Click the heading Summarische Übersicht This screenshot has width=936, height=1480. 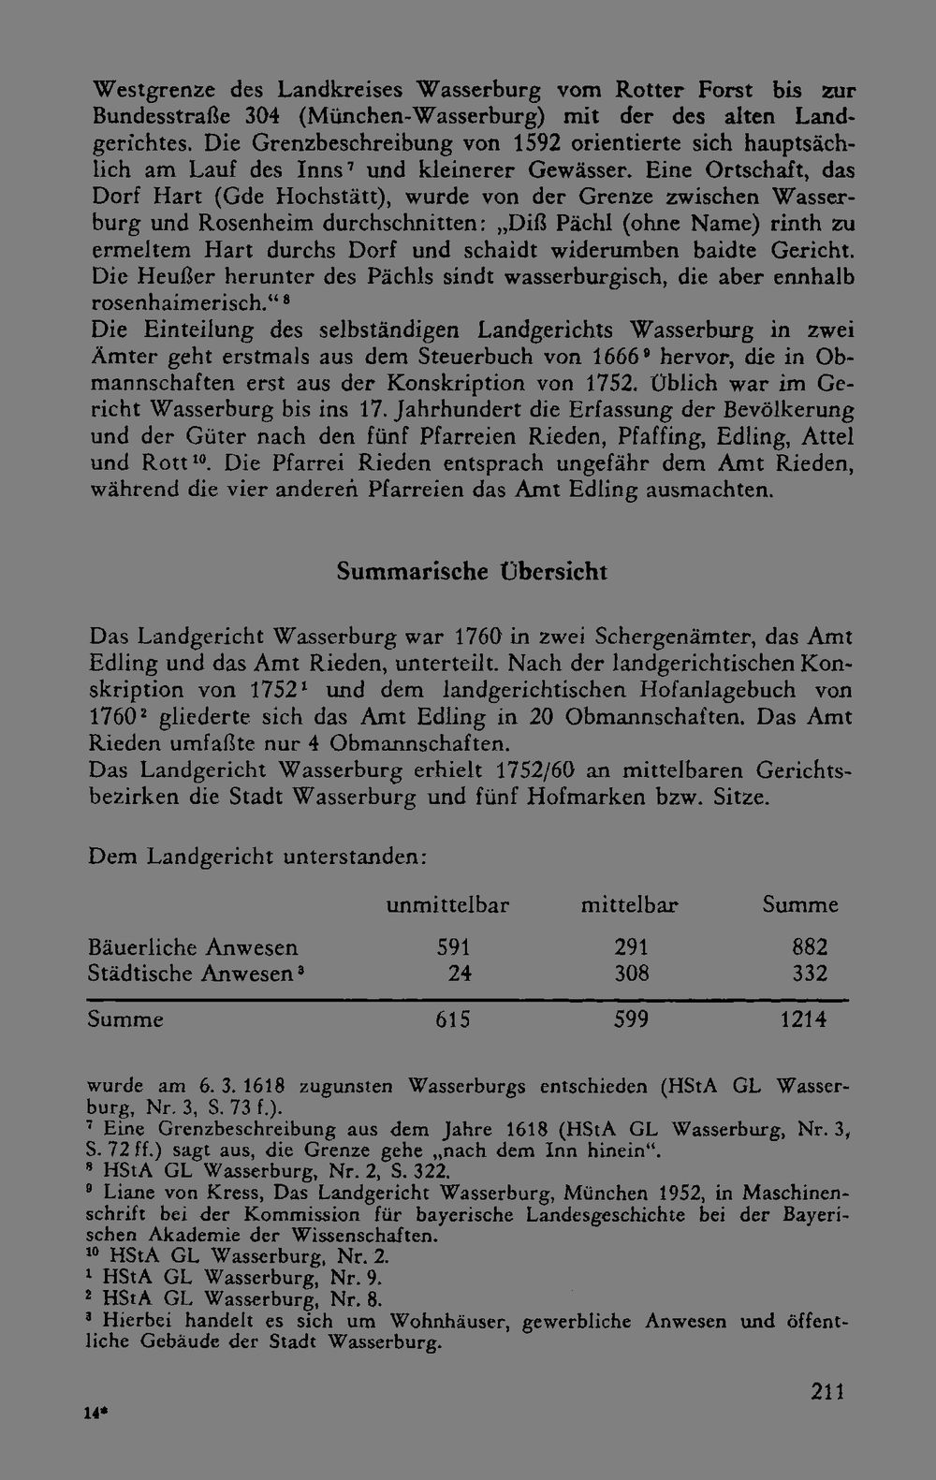click(x=472, y=572)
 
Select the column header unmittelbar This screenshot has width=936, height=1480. click(x=447, y=905)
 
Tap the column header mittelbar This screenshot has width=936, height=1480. click(x=629, y=905)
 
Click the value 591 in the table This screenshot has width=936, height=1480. click(x=453, y=947)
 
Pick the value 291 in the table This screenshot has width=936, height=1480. click(x=631, y=947)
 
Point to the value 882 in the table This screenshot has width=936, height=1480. click(x=810, y=947)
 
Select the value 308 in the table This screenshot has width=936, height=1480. click(x=631, y=974)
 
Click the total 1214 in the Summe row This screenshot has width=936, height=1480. click(x=804, y=1019)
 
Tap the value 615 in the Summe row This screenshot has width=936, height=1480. click(x=453, y=1019)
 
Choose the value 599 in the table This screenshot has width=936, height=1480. click(x=631, y=1019)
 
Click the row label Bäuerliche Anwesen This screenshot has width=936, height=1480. click(x=193, y=947)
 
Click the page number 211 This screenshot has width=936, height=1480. click(x=827, y=1391)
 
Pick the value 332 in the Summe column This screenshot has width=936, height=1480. click(x=810, y=974)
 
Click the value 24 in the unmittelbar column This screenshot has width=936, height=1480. click(x=459, y=974)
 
